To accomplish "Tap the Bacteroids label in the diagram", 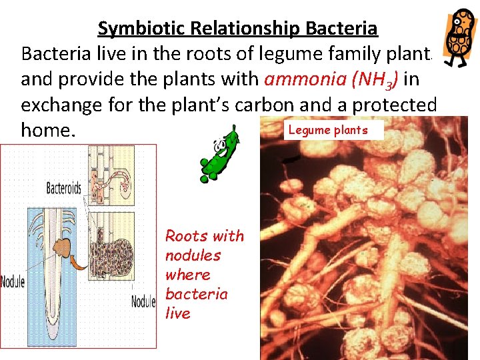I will pyautogui.click(x=63, y=189).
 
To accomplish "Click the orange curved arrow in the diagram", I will pyautogui.click(x=79, y=259).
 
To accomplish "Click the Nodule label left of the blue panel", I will pyautogui.click(x=13, y=281).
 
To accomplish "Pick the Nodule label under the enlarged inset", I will pyautogui.click(x=143, y=301).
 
